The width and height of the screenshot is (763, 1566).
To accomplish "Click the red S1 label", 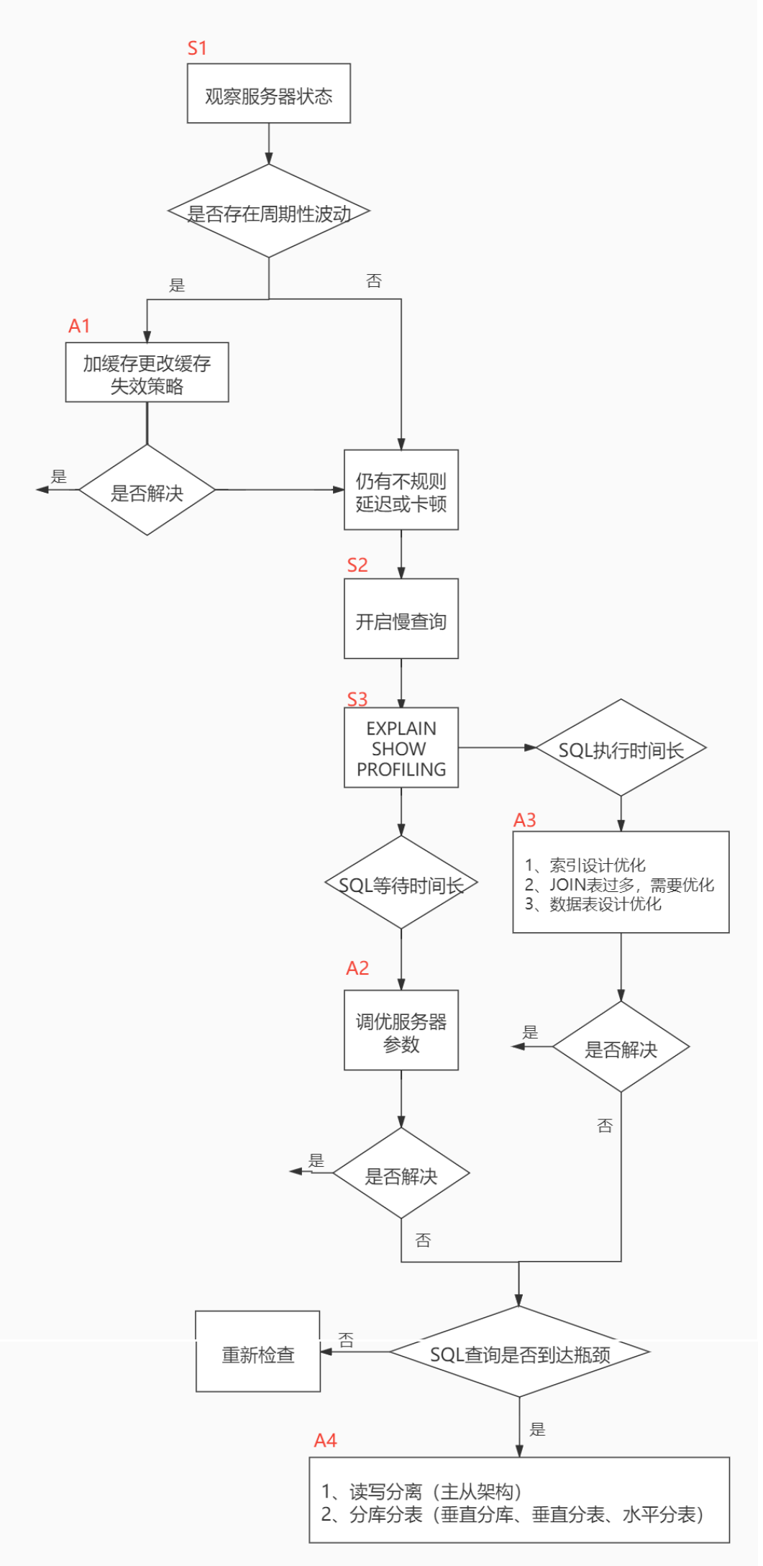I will click(x=197, y=48).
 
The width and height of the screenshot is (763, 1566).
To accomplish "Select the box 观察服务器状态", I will click(x=268, y=94).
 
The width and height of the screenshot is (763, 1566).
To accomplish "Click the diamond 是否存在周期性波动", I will click(x=268, y=212).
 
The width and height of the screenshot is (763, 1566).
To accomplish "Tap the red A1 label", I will click(x=79, y=327).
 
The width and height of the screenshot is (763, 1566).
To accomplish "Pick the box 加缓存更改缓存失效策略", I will click(x=147, y=373).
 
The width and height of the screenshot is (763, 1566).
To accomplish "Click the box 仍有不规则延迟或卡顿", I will click(x=401, y=491).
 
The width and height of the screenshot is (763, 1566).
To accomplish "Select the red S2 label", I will click(x=357, y=565).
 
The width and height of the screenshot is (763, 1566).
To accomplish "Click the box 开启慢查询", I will click(x=401, y=620).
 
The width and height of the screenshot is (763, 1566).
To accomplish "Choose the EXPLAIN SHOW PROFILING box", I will click(x=401, y=748).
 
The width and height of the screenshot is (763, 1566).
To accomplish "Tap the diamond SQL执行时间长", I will click(x=621, y=750).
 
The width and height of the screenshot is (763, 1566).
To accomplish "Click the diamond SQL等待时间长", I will click(x=401, y=884).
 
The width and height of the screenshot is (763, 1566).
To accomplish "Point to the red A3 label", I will click(x=524, y=821).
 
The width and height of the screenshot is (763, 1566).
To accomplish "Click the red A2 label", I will click(x=357, y=969).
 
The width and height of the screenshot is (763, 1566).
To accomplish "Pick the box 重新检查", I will click(x=257, y=1354).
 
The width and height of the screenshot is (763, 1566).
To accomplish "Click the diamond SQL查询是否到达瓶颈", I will click(x=519, y=1354).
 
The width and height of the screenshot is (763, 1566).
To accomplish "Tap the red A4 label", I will click(x=325, y=1441).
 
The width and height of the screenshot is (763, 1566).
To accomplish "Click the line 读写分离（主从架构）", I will click(x=421, y=1491).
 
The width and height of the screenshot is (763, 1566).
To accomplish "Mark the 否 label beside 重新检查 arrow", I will click(x=346, y=1339).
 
